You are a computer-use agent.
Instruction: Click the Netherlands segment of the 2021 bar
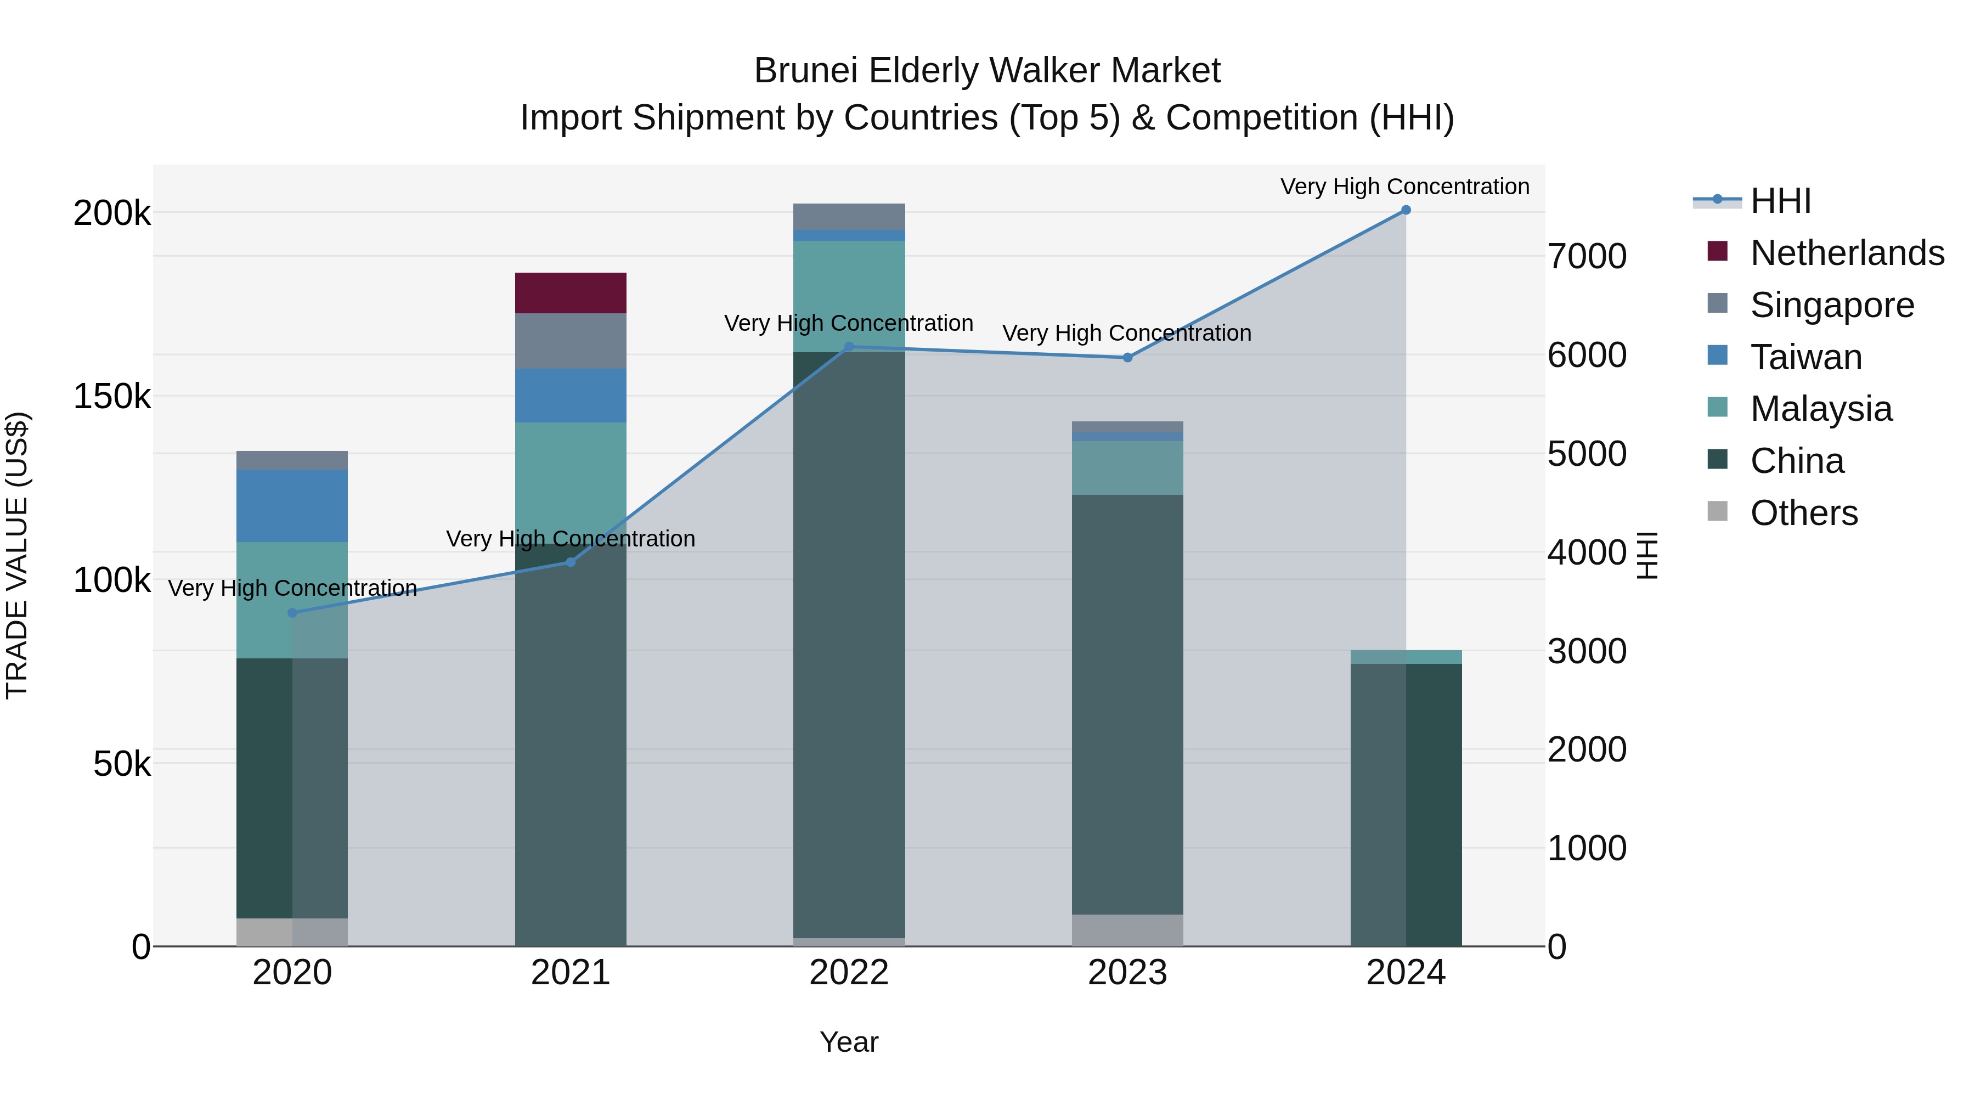tap(571, 293)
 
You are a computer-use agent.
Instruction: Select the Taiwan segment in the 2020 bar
tap(292, 506)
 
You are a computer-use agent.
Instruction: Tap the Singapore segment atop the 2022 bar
tap(849, 216)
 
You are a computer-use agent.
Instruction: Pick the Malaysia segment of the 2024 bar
tap(1406, 657)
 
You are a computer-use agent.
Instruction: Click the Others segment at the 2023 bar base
tap(1127, 930)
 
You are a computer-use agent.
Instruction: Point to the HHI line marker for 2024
tap(1406, 210)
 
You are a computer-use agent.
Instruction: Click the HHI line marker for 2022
tap(849, 347)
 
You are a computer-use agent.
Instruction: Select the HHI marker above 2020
tap(292, 613)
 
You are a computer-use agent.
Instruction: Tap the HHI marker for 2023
tap(1127, 357)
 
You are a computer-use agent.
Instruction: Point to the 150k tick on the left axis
tap(112, 397)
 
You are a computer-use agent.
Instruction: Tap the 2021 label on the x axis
tap(571, 973)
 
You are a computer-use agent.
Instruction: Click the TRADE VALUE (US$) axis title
tap(18, 555)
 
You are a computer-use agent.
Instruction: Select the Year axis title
tap(849, 1042)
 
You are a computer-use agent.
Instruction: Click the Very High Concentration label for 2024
tap(1404, 187)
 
